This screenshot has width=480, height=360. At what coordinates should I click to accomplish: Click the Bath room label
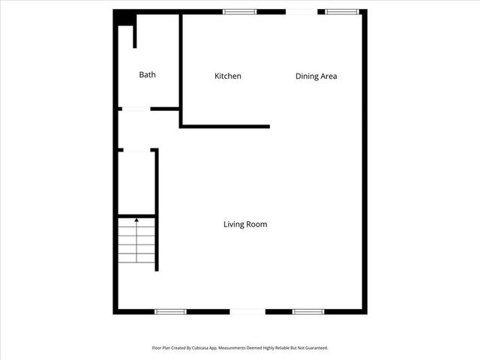(x=148, y=75)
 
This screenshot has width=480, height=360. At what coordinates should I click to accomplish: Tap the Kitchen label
(x=228, y=76)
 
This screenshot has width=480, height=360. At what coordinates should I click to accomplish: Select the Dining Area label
(x=316, y=76)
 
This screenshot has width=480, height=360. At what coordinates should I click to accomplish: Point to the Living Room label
(x=245, y=224)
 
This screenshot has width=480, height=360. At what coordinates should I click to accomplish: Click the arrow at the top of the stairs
(x=136, y=220)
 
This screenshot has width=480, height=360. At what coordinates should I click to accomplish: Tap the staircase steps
(x=136, y=241)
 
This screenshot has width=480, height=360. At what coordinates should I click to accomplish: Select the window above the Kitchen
(x=239, y=11)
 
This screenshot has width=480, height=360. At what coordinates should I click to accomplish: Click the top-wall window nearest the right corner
(x=341, y=11)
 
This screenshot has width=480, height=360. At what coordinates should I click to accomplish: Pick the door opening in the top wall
(x=301, y=11)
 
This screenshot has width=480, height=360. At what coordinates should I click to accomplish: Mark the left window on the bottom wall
(x=170, y=311)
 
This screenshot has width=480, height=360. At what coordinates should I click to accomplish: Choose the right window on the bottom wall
(x=307, y=311)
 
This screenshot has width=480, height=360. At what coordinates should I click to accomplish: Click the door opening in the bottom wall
(x=247, y=311)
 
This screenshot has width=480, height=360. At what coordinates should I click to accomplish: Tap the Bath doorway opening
(x=136, y=109)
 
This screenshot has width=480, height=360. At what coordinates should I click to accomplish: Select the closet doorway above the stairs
(x=136, y=151)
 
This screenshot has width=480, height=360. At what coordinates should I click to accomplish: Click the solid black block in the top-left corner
(x=123, y=18)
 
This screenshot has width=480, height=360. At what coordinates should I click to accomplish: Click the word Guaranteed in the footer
(x=315, y=348)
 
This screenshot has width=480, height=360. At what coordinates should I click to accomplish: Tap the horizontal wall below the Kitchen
(x=225, y=126)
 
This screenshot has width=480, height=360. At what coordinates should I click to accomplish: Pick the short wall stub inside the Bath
(x=135, y=36)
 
